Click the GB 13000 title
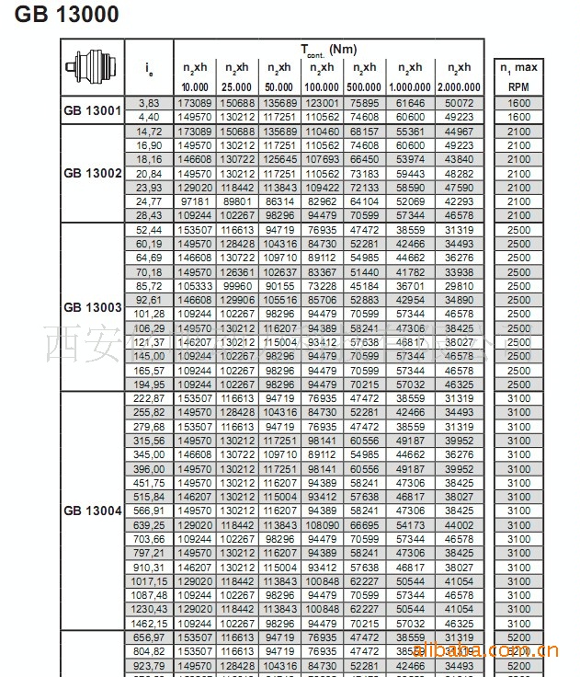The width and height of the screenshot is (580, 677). click(67, 15)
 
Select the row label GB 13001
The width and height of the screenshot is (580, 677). click(92, 110)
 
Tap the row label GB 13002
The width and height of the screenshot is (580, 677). click(92, 173)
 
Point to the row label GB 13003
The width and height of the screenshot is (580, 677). click(92, 306)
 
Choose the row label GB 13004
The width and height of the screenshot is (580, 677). click(92, 510)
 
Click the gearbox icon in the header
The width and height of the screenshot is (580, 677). click(92, 67)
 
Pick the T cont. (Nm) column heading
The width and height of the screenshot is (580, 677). click(328, 49)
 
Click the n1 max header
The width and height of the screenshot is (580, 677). click(518, 67)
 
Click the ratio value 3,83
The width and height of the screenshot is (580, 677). click(149, 103)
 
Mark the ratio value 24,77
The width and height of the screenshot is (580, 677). click(149, 201)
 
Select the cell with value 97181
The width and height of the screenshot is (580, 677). click(195, 201)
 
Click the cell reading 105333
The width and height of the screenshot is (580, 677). click(195, 285)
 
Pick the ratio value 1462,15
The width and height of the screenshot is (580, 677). click(149, 622)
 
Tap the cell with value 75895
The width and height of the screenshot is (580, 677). click(365, 103)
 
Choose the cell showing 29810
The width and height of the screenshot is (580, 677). click(459, 285)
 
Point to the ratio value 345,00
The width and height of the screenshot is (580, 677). click(149, 453)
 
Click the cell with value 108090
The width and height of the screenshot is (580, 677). click(322, 523)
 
